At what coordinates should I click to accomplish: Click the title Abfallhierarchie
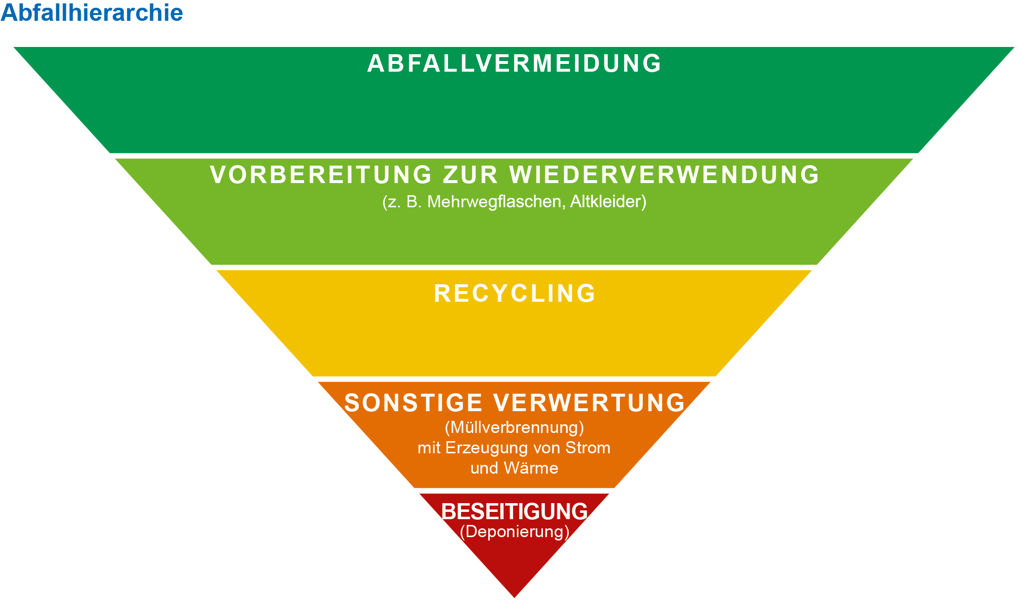[92, 13]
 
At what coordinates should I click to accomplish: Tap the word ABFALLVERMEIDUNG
[514, 63]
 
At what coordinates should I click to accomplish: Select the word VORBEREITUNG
[321, 175]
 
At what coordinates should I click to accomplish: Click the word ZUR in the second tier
[471, 175]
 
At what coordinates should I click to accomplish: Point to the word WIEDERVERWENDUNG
[664, 175]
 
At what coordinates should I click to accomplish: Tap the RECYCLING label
[514, 293]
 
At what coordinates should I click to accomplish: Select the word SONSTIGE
[414, 403]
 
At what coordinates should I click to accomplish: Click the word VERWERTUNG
[589, 403]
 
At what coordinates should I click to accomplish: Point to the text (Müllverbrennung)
[514, 428]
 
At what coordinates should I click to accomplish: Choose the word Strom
[588, 448]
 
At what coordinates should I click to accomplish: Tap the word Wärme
[531, 468]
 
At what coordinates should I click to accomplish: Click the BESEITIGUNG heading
[514, 511]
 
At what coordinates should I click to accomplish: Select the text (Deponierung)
[514, 532]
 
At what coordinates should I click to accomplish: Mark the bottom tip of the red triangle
[514, 598]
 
